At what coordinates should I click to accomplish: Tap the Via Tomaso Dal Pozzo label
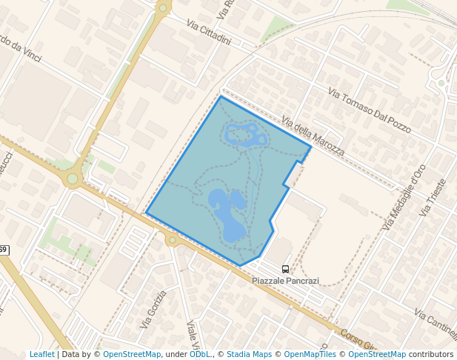pyautogui.click(x=369, y=111)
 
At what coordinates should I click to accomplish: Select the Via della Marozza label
pyautogui.click(x=313, y=135)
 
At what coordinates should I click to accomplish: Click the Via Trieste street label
pyautogui.click(x=433, y=198)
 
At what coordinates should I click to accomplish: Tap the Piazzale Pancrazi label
pyautogui.click(x=285, y=281)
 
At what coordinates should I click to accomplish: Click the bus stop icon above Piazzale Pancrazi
pyautogui.click(x=286, y=270)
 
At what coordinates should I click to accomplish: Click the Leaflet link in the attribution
pyautogui.click(x=41, y=355)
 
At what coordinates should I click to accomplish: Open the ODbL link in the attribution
pyautogui.click(x=200, y=355)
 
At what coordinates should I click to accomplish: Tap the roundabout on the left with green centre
pyautogui.click(x=73, y=178)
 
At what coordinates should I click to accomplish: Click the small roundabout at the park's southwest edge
pyautogui.click(x=172, y=239)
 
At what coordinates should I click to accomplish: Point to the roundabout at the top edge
pyautogui.click(x=163, y=8)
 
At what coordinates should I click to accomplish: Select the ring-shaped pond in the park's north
pyautogui.click(x=246, y=136)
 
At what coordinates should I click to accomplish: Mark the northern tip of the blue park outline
pyautogui.click(x=221, y=96)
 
